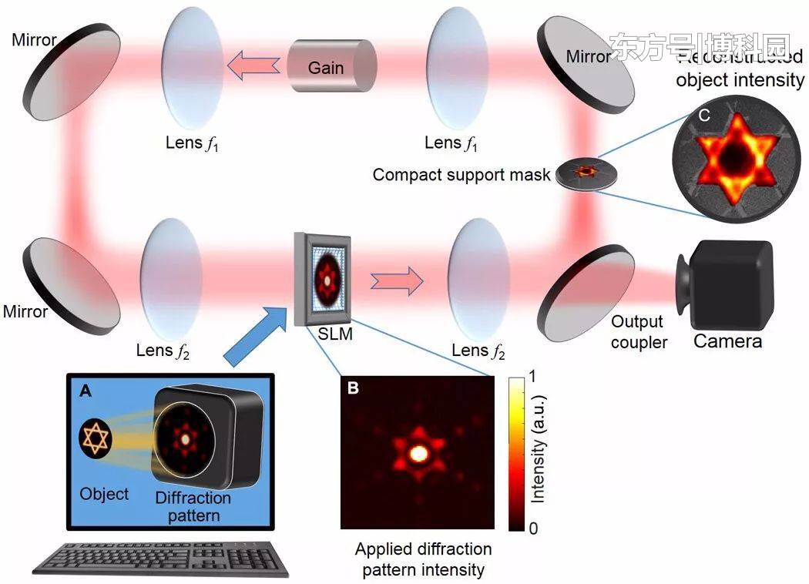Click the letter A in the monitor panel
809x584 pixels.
click(x=85, y=391)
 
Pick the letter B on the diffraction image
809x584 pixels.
click(x=353, y=388)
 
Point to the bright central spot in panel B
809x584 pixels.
click(x=419, y=453)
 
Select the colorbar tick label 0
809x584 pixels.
click(x=533, y=528)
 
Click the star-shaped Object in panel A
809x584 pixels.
click(x=96, y=438)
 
